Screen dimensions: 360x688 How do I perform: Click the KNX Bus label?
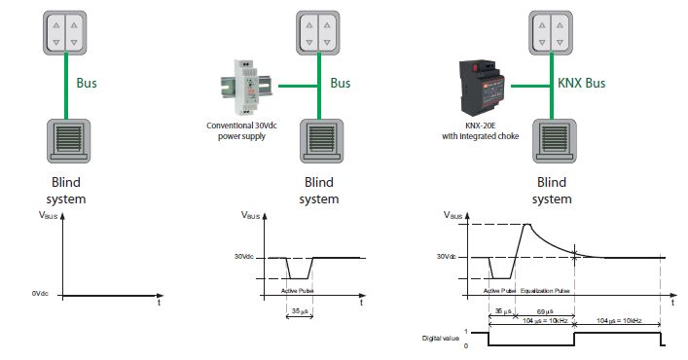(581, 84)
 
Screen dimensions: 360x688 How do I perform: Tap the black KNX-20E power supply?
(482, 85)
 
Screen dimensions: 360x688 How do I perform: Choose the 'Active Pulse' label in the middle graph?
(298, 290)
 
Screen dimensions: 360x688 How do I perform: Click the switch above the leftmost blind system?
(66, 29)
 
